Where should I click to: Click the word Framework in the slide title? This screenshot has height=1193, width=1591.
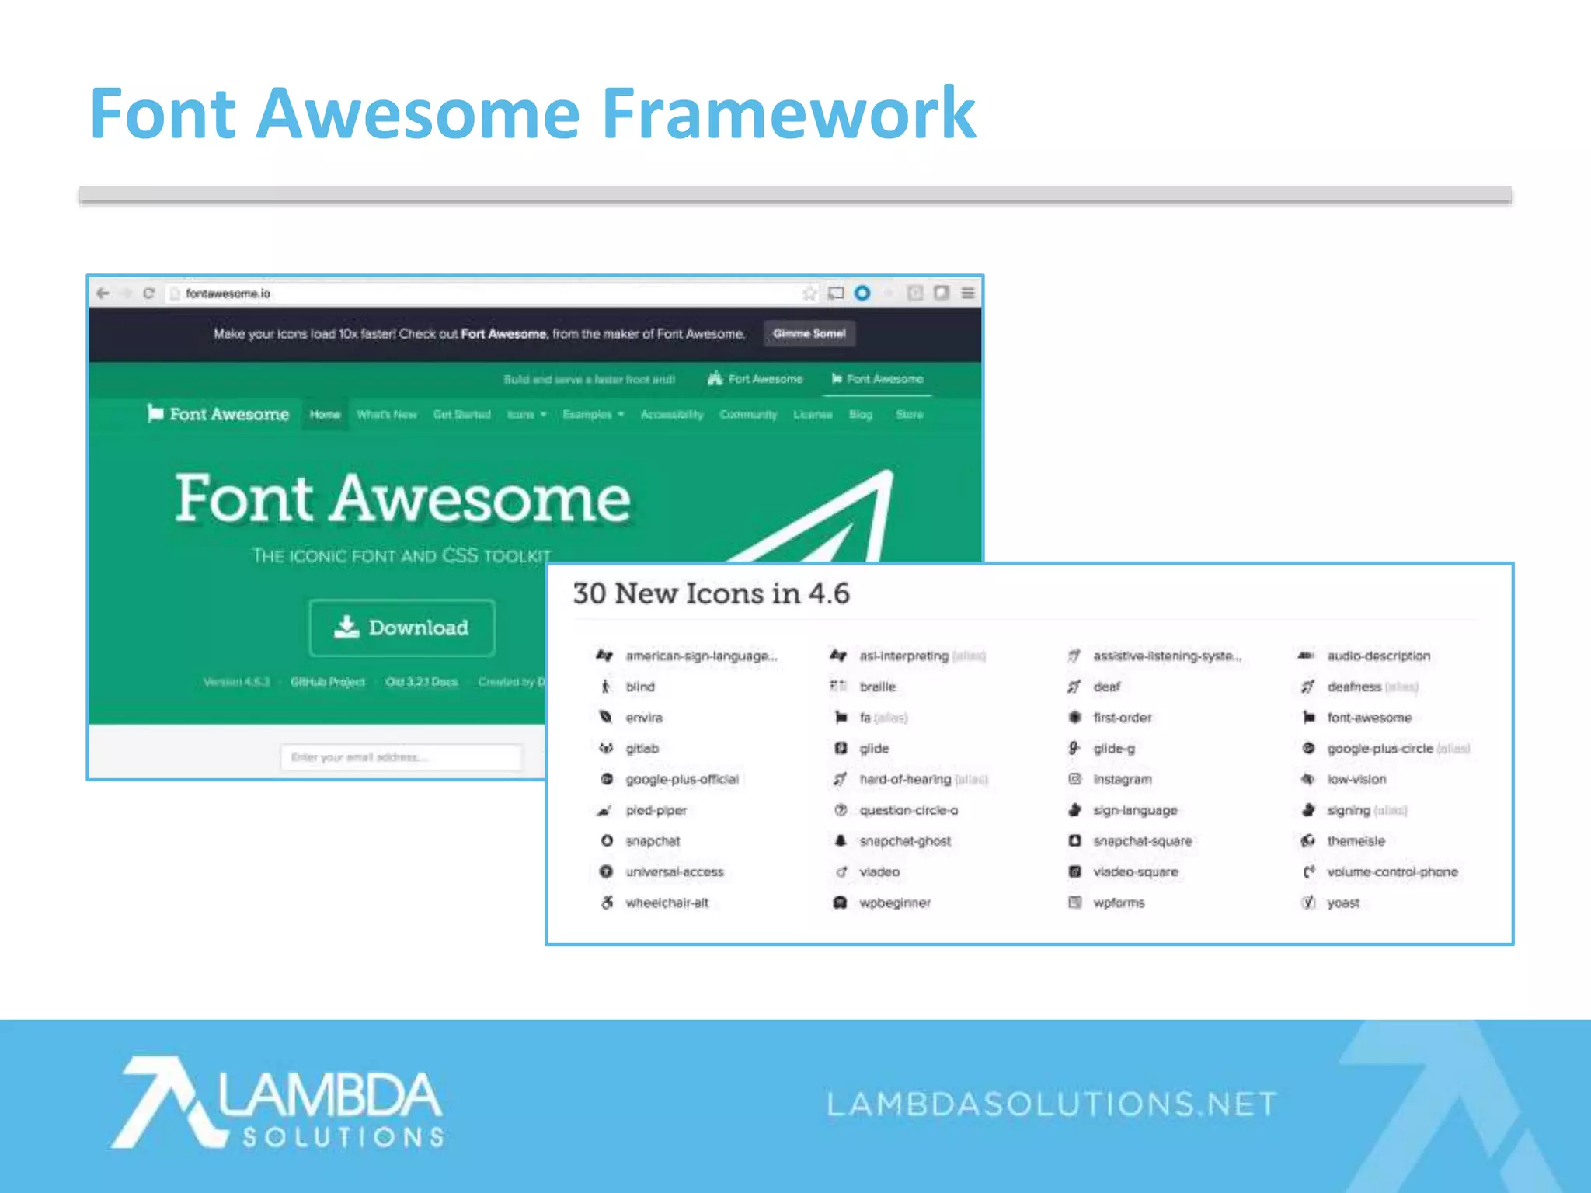[x=788, y=114]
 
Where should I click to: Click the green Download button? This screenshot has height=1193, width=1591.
[x=402, y=628]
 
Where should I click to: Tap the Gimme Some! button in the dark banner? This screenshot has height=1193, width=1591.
[x=809, y=334]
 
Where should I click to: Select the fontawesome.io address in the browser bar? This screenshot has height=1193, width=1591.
[x=228, y=294]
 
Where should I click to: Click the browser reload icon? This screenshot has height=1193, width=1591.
[x=149, y=294]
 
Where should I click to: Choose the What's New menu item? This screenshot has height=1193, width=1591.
[x=387, y=415]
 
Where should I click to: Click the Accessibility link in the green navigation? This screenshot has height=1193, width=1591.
[x=671, y=415]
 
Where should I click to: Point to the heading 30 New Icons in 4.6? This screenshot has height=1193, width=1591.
[x=711, y=594]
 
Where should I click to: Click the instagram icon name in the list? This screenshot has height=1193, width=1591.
[x=1122, y=779]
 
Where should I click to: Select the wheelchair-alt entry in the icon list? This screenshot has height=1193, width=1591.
[x=667, y=903]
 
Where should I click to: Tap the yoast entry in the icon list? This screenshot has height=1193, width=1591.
[x=1342, y=903]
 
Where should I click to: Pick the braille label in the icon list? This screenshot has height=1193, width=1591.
[x=877, y=687]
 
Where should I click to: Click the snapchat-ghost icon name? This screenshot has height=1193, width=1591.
[x=904, y=841]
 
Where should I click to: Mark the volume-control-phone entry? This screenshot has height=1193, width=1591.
[x=1391, y=872]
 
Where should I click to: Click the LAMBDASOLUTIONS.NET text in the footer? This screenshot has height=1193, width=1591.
[x=1052, y=1104]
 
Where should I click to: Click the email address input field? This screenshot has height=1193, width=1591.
[x=401, y=757]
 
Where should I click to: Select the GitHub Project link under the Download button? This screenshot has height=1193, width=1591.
[x=327, y=682]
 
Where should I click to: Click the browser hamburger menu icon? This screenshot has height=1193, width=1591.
[x=968, y=294]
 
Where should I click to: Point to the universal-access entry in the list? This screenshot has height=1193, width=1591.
[x=674, y=872]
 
